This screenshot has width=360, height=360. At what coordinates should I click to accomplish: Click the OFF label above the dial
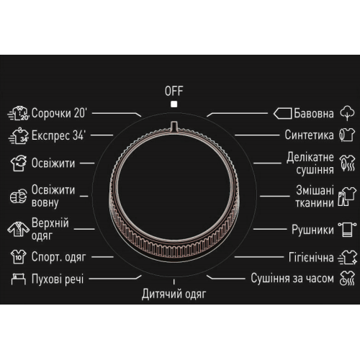[174, 91]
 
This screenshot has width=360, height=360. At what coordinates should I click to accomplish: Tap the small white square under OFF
[174, 104]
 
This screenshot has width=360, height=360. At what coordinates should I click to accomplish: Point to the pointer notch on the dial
[174, 126]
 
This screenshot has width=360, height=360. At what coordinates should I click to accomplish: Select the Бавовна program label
[314, 113]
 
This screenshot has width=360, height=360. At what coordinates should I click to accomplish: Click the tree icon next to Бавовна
[347, 113]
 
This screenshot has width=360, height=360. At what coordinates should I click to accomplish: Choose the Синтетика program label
[309, 135]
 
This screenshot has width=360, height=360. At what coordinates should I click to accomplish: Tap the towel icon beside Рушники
[347, 230]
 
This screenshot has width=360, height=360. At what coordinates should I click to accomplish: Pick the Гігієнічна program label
[311, 257]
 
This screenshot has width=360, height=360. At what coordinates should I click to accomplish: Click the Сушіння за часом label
[292, 279]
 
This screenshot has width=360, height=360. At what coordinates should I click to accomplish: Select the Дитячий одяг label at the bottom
[174, 294]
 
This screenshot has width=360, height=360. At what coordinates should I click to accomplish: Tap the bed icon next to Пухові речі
[19, 279]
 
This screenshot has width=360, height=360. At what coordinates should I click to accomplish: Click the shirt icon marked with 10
[19, 256]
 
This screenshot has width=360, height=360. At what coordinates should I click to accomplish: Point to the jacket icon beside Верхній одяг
[18, 229]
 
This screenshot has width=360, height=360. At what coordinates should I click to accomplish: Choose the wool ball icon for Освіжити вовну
[19, 196]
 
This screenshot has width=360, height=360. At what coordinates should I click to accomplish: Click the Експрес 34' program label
[58, 135]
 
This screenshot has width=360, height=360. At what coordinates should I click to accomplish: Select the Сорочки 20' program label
[59, 113]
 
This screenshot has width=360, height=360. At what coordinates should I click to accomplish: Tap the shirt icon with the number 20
[19, 113]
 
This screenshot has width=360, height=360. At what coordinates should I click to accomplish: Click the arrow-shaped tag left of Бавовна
[282, 113]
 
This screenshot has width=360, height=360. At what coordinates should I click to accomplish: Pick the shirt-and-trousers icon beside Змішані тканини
[347, 197]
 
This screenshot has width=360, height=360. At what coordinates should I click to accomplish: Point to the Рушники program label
[312, 230]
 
